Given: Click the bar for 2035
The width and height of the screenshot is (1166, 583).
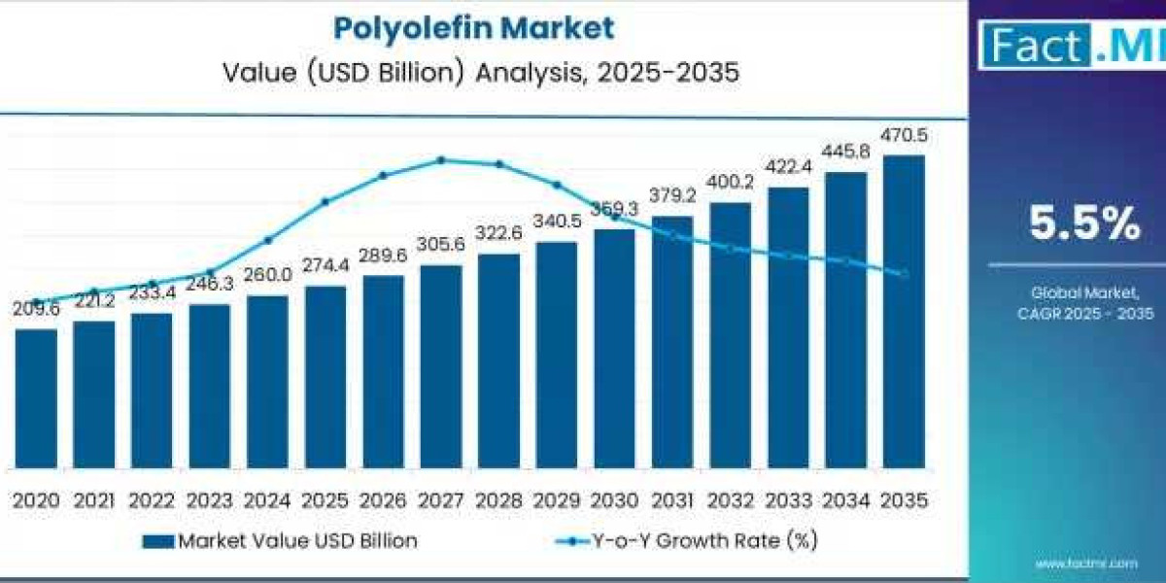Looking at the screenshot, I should [904, 311].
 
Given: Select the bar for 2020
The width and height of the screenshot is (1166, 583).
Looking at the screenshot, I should [36, 398].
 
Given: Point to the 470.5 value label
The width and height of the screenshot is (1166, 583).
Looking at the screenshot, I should [904, 136].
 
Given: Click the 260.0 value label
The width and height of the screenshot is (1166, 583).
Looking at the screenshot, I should [267, 275].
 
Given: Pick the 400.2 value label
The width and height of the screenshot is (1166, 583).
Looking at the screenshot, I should [730, 183].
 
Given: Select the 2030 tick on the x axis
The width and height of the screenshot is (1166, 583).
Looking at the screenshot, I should [614, 500].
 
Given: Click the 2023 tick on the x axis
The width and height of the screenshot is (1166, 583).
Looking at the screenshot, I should [210, 500].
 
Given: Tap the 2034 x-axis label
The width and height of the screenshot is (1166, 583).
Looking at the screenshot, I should [846, 500].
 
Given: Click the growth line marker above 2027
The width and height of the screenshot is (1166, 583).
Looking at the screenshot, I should [441, 159].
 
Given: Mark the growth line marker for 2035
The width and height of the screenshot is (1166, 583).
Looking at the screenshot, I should [905, 274].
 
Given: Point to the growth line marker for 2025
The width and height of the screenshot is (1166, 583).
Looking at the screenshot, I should [325, 201].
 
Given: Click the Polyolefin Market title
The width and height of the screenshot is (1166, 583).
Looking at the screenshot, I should [474, 27].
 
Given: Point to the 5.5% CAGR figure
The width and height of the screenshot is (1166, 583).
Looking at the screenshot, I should [1084, 225].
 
